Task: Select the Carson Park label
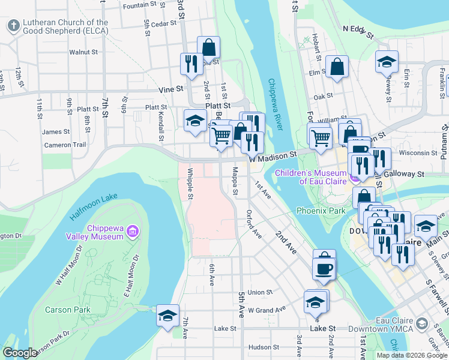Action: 68,310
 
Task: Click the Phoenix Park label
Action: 321,211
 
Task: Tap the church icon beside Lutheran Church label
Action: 13,26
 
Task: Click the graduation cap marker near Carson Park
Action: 167,314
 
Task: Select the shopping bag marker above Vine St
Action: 208,46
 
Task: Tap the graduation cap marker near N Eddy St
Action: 387,61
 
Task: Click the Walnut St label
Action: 83,52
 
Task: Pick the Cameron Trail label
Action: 65,145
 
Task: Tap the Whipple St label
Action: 190,188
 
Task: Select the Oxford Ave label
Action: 255,223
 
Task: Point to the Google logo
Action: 20,353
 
